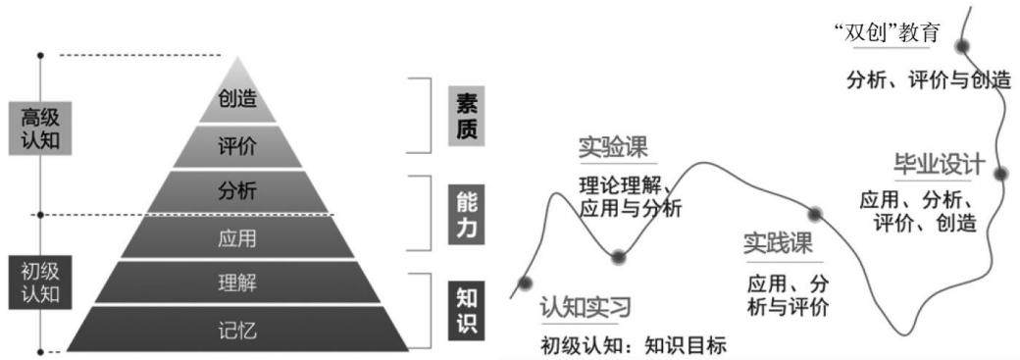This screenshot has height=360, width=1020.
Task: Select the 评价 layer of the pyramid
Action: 237,147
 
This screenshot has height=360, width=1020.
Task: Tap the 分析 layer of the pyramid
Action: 237,191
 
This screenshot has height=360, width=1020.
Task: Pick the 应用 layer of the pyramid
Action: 237,237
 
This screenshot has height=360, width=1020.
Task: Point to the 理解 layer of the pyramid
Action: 237,283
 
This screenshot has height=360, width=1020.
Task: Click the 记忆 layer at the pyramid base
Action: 237,330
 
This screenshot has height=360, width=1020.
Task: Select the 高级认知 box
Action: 40,129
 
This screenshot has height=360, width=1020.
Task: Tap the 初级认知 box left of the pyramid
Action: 40,283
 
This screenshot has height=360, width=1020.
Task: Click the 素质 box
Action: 467,116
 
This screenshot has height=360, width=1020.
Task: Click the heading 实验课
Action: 613,148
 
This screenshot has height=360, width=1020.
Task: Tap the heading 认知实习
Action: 586,306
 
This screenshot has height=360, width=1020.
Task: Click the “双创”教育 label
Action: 886,32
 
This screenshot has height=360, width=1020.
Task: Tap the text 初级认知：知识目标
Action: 633,344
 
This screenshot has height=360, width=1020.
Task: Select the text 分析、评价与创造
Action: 929,80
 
